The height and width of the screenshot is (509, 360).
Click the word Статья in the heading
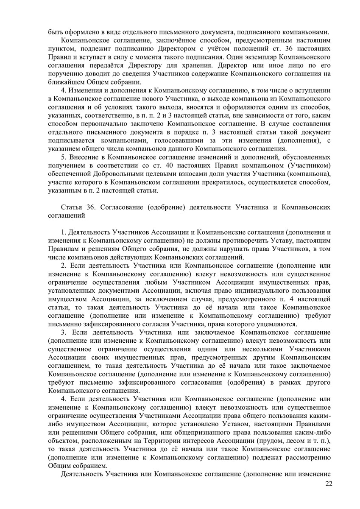[72, 207]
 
